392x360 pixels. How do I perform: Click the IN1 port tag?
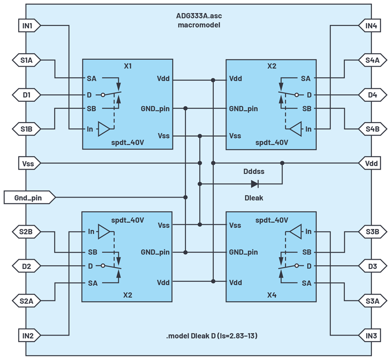(30, 26)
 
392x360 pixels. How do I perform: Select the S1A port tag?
(27, 60)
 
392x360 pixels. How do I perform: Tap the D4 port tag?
(372, 95)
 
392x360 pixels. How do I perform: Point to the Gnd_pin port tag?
(30, 198)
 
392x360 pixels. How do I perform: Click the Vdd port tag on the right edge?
(370, 163)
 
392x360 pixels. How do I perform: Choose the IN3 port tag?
(370, 336)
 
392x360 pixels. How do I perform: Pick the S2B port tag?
(27, 232)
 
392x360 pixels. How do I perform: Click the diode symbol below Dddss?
(255, 184)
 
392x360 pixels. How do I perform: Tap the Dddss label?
(254, 172)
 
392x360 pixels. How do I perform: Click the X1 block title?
(128, 66)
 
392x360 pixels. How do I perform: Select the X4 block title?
(272, 295)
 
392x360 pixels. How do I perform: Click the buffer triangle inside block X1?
(104, 129)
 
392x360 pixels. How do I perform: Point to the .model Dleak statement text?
(212, 336)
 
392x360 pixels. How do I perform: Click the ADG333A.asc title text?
(199, 16)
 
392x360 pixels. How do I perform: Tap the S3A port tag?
(372, 301)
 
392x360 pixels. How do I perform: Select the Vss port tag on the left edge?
(30, 163)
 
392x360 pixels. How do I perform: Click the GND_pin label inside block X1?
(155, 109)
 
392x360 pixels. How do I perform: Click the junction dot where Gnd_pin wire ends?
(185, 197)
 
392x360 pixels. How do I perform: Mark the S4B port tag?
(372, 129)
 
